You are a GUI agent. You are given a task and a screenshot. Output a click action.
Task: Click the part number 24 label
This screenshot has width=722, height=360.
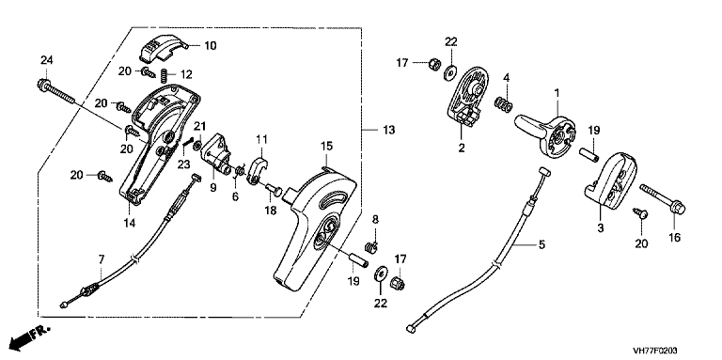[x=46, y=60]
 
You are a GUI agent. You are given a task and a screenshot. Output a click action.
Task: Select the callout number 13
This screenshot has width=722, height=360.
[x=388, y=131]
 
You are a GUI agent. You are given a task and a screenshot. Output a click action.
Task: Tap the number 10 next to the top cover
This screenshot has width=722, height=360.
[x=210, y=45]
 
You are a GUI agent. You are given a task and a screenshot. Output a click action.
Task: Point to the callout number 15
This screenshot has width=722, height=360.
[x=326, y=147]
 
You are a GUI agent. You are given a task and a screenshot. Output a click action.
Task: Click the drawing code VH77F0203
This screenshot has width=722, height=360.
[x=654, y=351]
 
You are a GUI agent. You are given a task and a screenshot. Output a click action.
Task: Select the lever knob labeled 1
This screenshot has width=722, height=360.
[x=545, y=134]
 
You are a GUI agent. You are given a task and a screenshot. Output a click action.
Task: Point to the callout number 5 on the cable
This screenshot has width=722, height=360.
[x=541, y=244]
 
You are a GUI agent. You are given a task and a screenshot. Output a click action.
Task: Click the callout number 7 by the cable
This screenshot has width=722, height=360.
[x=102, y=259]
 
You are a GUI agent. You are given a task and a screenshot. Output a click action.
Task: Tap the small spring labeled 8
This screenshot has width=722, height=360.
[x=372, y=247]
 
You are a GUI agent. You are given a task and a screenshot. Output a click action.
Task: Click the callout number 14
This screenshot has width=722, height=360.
[x=130, y=223]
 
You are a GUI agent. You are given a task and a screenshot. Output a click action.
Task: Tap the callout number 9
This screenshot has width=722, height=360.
[x=212, y=188]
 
